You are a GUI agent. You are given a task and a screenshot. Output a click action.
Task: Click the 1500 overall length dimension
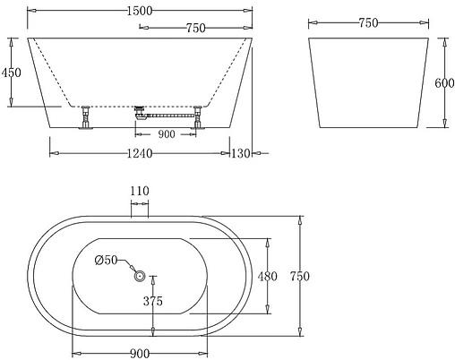click(134, 10)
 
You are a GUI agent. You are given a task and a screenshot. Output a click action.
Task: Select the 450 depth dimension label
click(11, 72)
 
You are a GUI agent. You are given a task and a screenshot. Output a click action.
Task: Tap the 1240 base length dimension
click(139, 154)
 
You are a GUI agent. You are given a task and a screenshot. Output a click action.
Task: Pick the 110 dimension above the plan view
click(140, 191)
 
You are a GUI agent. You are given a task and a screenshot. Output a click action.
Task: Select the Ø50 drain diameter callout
click(106, 260)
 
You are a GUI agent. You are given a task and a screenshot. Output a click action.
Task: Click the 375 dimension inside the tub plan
click(152, 302)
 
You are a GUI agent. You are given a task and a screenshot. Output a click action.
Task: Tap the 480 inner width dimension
click(268, 277)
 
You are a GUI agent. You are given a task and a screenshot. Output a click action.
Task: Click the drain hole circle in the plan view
click(140, 277)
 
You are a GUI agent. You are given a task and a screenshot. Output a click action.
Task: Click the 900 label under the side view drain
click(166, 134)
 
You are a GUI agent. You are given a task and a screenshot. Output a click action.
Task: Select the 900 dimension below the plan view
click(139, 352)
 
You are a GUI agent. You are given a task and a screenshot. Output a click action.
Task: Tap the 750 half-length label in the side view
click(195, 29)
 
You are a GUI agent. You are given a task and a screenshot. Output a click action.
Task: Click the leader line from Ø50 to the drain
click(127, 267)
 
